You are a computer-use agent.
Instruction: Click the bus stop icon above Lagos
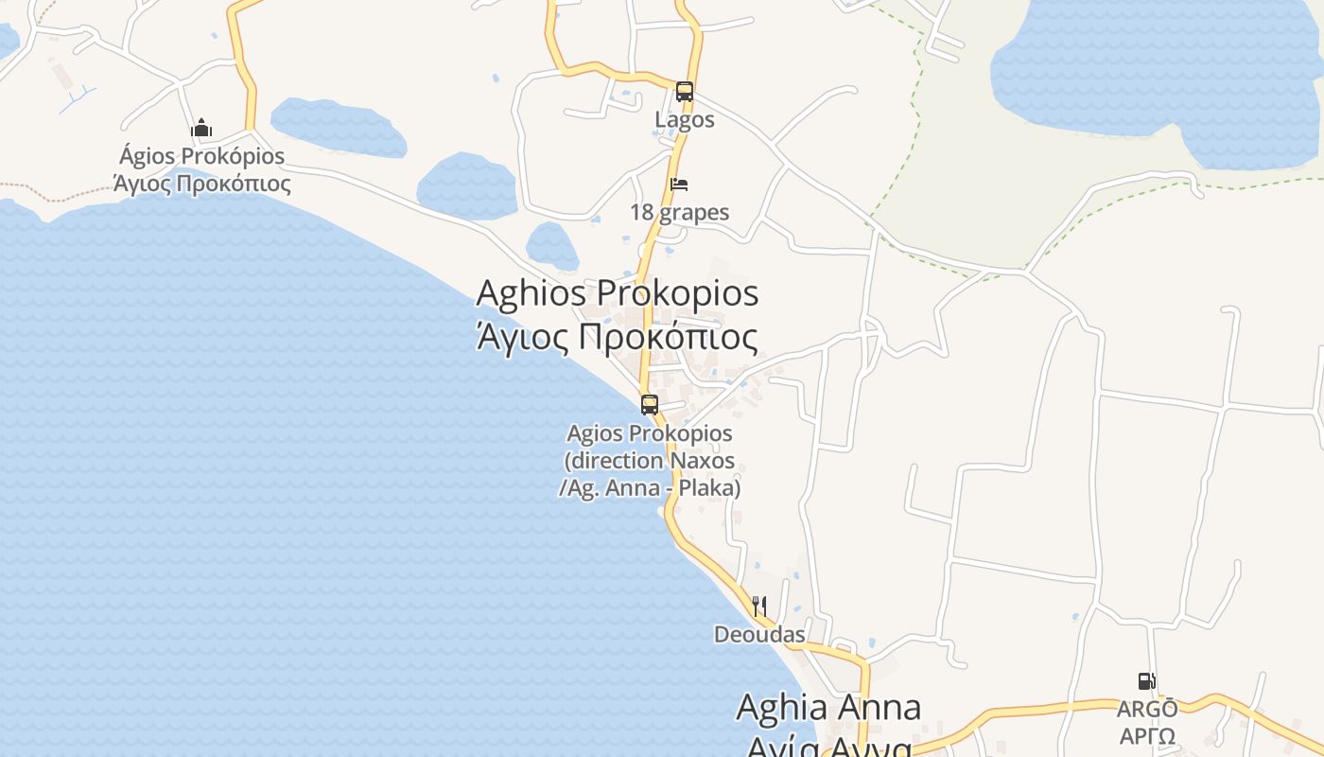685,92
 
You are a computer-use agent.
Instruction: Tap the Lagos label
685,120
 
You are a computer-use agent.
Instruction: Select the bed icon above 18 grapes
679,184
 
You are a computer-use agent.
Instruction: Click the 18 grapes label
680,212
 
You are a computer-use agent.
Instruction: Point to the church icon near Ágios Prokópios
201,128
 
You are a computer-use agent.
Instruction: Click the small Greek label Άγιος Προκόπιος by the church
202,183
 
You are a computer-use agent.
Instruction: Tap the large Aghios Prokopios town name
617,293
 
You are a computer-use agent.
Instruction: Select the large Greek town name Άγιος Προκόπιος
617,337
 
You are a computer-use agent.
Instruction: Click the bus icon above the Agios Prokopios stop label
650,405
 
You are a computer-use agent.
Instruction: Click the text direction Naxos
650,461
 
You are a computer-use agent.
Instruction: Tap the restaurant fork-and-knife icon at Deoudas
759,606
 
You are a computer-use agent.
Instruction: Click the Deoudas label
759,634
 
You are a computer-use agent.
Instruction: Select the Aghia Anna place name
828,707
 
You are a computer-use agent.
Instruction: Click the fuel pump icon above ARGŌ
1146,681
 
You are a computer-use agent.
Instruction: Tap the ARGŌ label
1147,709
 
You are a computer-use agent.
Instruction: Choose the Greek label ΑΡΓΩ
1147,736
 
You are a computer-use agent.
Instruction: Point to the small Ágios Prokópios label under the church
202,156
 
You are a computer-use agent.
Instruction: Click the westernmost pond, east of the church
338,127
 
